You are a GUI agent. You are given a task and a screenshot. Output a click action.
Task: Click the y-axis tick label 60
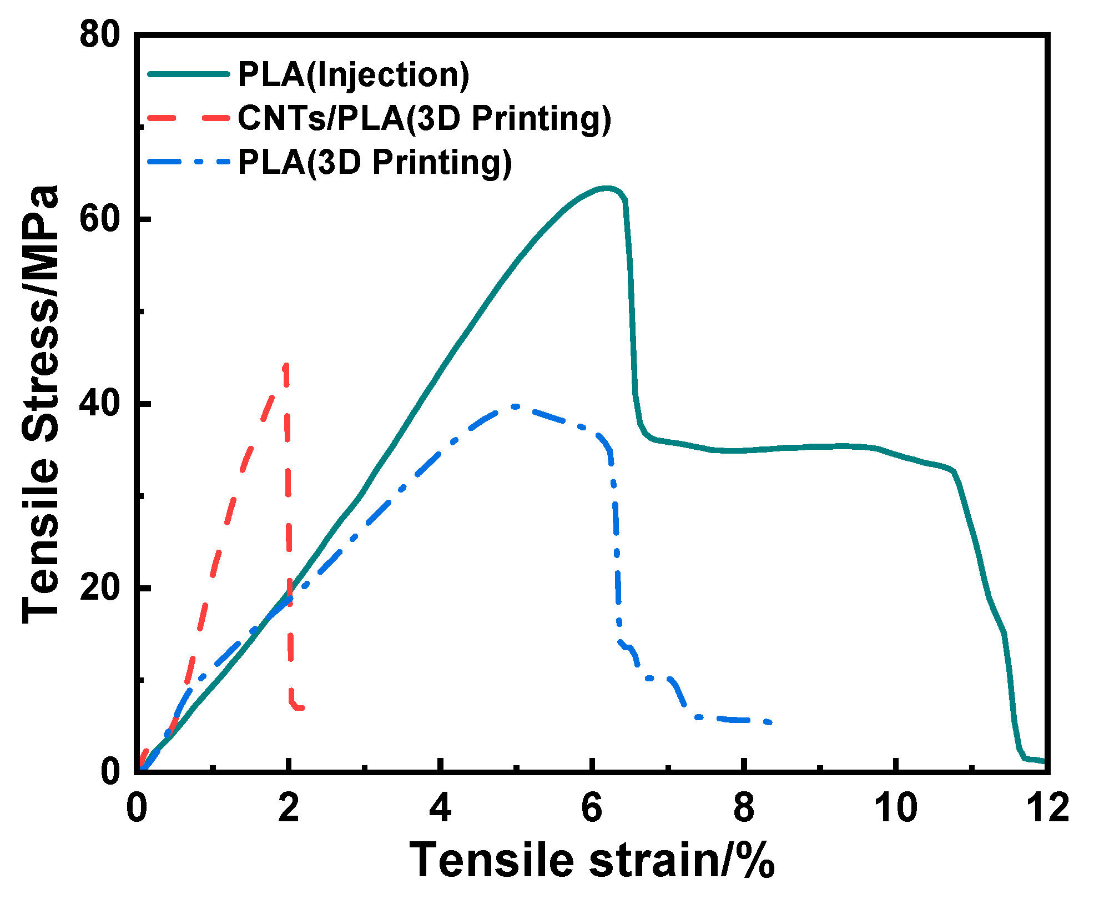click(x=100, y=220)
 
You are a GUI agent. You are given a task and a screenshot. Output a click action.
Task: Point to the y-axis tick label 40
click(x=100, y=404)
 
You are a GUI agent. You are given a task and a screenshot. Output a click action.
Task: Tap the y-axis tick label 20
click(x=100, y=588)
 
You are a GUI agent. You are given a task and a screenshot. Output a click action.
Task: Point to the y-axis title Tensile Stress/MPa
click(x=40, y=404)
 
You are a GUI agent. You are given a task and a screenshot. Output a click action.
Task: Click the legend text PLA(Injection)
click(x=354, y=75)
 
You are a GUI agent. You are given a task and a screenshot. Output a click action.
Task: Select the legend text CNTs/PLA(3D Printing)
click(x=425, y=118)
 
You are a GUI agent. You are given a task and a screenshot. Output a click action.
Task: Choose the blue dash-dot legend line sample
click(x=189, y=162)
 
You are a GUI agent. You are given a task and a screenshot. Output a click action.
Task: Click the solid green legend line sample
click(x=189, y=74)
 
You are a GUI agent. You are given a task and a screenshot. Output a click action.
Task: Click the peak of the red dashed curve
click(x=286, y=365)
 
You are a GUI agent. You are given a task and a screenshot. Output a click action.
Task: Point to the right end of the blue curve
click(x=769, y=722)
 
